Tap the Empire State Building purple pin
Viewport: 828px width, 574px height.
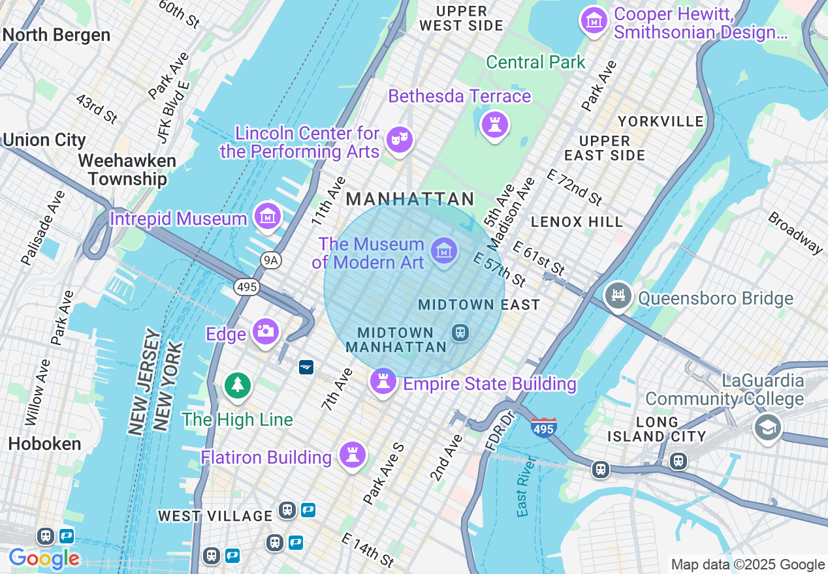tap(383, 382)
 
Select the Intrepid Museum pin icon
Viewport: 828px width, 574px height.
tap(268, 216)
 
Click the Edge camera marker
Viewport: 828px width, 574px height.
tap(265, 331)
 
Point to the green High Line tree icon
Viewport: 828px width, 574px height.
tap(238, 385)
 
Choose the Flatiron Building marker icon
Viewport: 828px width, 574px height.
tap(353, 455)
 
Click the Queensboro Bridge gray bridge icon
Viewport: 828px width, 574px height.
tap(618, 296)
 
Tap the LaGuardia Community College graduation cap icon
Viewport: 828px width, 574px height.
tap(768, 428)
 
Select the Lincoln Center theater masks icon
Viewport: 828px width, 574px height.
tap(399, 140)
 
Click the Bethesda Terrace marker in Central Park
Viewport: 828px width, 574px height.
tap(494, 124)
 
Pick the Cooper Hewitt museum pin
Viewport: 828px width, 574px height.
tap(594, 21)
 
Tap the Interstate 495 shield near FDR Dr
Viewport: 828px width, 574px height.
tap(543, 428)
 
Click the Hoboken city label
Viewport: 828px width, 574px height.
tap(44, 444)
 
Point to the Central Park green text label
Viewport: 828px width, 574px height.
tap(536, 63)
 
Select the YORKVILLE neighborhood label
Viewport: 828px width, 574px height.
tap(661, 121)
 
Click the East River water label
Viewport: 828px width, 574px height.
tap(524, 487)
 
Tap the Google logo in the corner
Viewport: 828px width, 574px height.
tap(44, 558)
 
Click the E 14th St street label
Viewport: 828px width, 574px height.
tap(368, 550)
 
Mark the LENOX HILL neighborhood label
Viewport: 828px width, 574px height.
tap(577, 222)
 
